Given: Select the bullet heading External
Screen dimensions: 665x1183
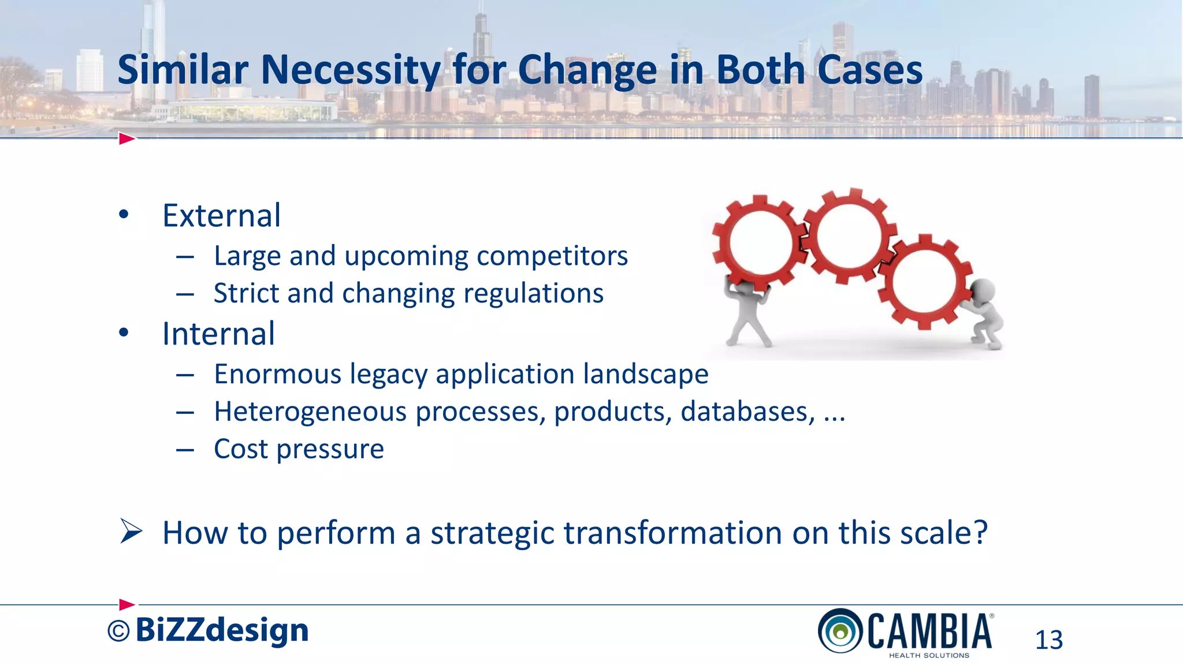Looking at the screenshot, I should coord(221,215).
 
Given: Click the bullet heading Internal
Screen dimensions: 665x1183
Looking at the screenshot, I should coord(218,334).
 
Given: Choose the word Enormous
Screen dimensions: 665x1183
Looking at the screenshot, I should coord(278,374).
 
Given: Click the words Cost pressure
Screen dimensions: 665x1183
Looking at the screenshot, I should coord(299,449).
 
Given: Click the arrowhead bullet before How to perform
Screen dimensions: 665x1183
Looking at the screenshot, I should coord(131,531).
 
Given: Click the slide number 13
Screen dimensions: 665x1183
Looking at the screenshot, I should coord(1048,640).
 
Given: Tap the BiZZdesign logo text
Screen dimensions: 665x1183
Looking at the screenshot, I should coord(222,630).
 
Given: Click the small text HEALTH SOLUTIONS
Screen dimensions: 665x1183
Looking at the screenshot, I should coord(929,656).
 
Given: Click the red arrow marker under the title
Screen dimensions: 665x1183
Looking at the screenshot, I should coord(127,139).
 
